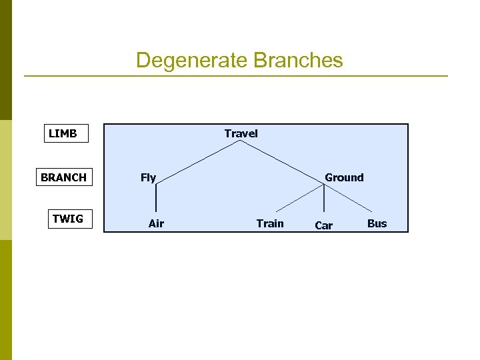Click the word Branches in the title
[x=298, y=61]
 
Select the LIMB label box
[x=63, y=133]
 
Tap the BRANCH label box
[x=63, y=177]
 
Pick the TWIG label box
[x=68, y=219]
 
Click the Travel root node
[x=241, y=133]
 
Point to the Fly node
[x=148, y=177]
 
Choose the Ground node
[x=344, y=177]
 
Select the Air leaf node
[x=156, y=223]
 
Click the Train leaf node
[x=270, y=223]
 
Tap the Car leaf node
[x=323, y=226]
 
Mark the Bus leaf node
[x=377, y=223]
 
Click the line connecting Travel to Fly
[x=198, y=161]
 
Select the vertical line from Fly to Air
[x=156, y=198]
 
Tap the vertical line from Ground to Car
[x=324, y=200]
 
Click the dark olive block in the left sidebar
[x=6, y=60]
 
